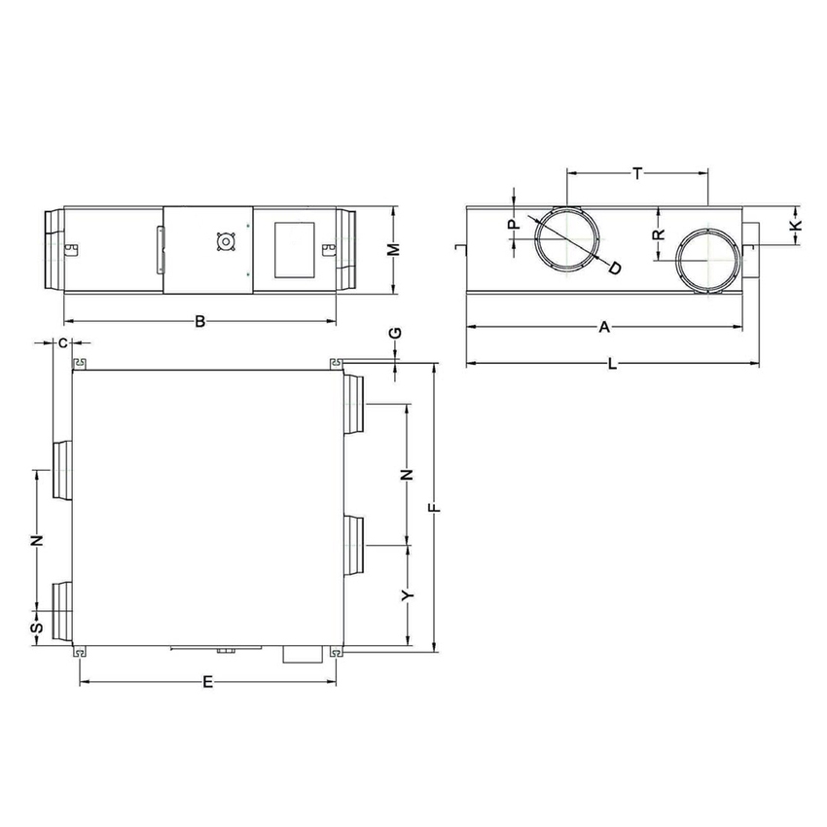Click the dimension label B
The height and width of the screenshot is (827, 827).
[x=199, y=321]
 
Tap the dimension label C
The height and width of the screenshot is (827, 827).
[x=63, y=342]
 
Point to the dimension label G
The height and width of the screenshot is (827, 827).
[x=395, y=333]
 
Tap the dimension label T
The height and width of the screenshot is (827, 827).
[x=637, y=173]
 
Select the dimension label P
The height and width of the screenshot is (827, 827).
[x=515, y=224]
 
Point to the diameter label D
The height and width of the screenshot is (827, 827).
[x=614, y=267]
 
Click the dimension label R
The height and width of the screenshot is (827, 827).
[x=659, y=234]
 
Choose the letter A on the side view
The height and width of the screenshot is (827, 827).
[x=603, y=328]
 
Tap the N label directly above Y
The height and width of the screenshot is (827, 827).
[x=409, y=475]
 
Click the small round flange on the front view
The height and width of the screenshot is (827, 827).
[x=226, y=242]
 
